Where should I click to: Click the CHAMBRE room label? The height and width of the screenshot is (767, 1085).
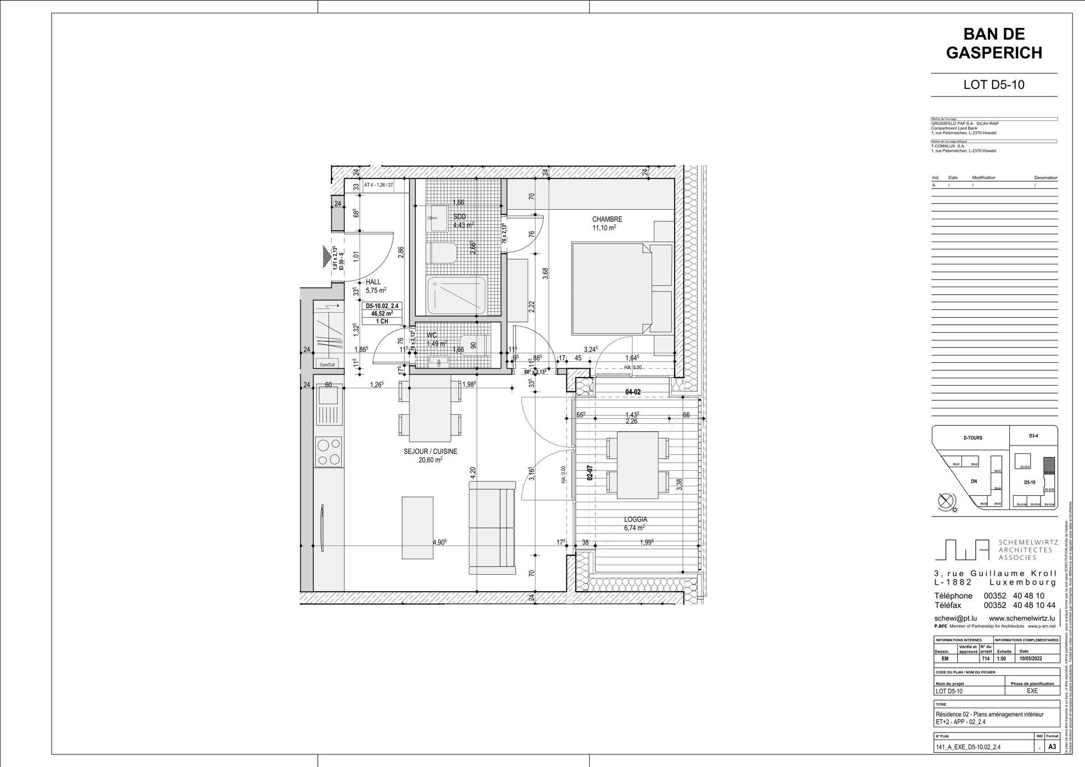pos(607,219)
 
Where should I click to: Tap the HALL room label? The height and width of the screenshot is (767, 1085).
pos(373,282)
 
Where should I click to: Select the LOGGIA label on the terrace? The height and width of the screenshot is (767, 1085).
pos(635,520)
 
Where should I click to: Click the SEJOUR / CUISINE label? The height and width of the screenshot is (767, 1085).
pos(430,452)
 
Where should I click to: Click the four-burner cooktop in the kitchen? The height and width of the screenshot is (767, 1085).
pos(328,451)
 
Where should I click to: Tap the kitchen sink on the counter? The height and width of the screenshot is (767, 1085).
pos(328,406)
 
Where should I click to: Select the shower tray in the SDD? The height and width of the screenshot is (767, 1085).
pos(456,295)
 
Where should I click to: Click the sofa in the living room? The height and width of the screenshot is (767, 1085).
pos(492,528)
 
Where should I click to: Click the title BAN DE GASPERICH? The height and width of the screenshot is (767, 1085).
pos(994,43)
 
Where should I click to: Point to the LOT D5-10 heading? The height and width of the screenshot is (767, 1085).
pos(994,85)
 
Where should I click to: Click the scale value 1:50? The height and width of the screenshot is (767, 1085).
pos(1002,659)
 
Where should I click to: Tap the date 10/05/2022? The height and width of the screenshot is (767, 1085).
pos(1030,659)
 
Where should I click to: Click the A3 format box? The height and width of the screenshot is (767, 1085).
pos(1052,747)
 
